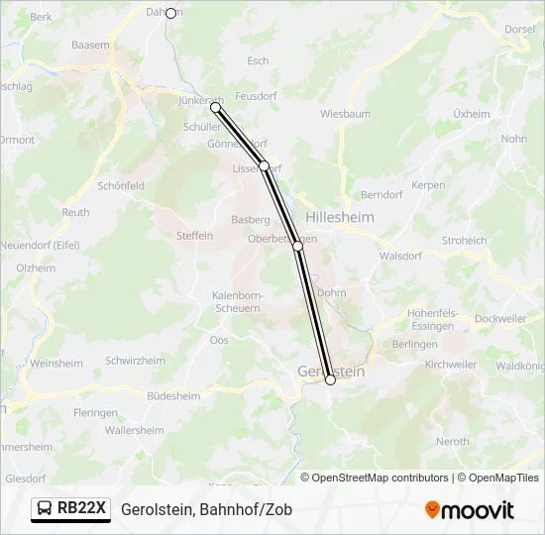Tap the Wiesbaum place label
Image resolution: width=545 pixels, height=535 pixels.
click(346, 114)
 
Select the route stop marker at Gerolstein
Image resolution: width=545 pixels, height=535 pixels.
click(330, 379)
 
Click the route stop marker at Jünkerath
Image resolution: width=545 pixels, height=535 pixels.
click(215, 107)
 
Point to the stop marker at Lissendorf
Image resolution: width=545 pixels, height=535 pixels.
click(265, 165)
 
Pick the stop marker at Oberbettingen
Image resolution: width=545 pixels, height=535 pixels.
click(297, 246)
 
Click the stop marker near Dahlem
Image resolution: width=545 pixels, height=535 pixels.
click(170, 13)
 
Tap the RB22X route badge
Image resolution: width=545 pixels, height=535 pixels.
click(70, 508)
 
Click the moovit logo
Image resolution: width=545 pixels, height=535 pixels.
click(470, 509)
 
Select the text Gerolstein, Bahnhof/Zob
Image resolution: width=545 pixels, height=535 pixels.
click(206, 509)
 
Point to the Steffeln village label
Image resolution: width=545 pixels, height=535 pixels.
click(194, 236)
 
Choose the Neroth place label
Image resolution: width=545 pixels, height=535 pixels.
click(452, 441)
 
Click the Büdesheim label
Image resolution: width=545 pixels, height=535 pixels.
click(172, 395)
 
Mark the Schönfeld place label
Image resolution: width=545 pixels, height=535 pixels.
click(121, 185)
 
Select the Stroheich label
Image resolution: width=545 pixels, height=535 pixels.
click(464, 240)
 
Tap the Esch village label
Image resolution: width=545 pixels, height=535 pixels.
click(258, 60)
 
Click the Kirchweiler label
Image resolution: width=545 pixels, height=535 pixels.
click(451, 365)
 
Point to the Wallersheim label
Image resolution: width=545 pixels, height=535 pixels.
click(134, 430)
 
